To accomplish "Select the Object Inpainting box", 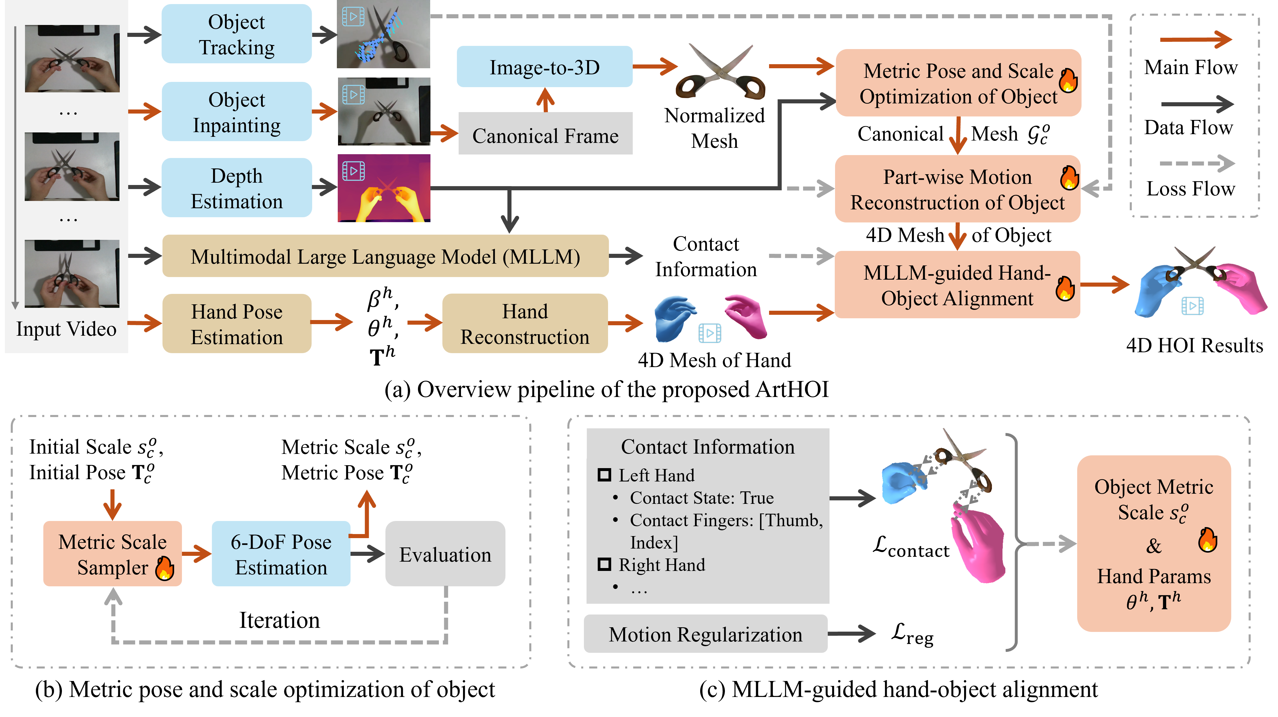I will point(237,112).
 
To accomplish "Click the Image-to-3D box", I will point(544,67).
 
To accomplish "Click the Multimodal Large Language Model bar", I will point(385,256).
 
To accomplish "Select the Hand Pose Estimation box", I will point(237,324).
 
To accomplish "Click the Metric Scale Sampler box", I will point(112,554).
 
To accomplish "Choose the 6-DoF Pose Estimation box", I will point(281,554).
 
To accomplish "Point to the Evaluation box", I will point(445,554).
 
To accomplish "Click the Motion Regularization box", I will point(705,634).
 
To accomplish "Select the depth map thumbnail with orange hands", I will point(383,188).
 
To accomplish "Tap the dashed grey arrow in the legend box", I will point(1196,163).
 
